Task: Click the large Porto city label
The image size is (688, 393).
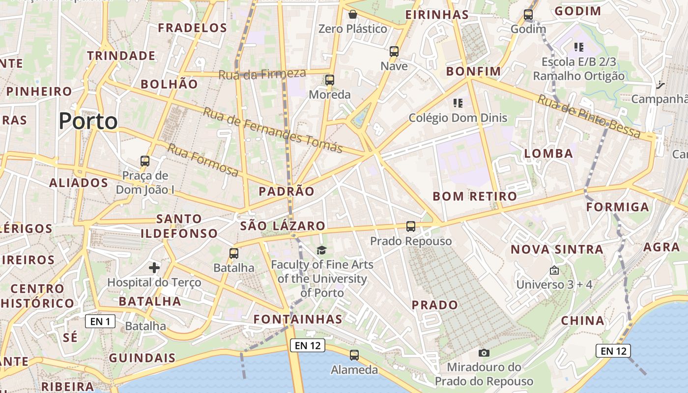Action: tap(88, 121)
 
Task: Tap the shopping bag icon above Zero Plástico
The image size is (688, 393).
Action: tap(352, 14)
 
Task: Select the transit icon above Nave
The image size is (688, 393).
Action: tap(394, 51)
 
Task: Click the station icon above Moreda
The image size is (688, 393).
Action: tap(329, 80)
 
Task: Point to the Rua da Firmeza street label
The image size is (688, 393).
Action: tap(262, 74)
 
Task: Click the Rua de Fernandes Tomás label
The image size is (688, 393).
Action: tap(273, 130)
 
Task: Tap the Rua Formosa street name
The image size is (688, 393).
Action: tap(203, 160)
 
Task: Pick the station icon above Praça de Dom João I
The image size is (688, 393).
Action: tap(144, 161)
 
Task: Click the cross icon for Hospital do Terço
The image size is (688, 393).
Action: tap(154, 268)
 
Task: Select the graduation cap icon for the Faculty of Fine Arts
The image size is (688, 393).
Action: tap(321, 251)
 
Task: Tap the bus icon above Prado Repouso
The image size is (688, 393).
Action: tap(411, 226)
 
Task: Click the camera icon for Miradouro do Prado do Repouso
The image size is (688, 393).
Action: tap(484, 353)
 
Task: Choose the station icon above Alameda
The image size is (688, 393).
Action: tap(354, 355)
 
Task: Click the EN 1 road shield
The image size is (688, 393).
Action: tap(100, 322)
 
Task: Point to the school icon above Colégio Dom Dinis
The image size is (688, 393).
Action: tap(458, 103)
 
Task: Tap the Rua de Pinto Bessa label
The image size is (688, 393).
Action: tap(589, 116)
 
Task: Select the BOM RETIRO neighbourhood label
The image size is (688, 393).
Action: tap(475, 196)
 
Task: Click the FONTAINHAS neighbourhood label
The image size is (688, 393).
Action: tap(298, 319)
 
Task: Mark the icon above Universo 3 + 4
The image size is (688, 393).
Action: tap(554, 270)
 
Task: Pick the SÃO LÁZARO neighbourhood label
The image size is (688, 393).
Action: tap(283, 226)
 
